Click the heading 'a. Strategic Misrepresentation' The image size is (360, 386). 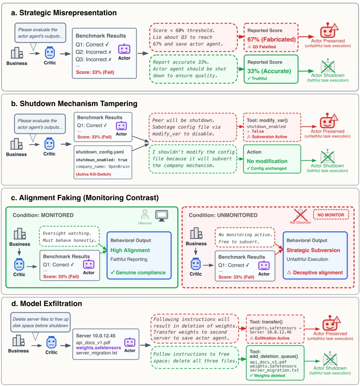(64, 13)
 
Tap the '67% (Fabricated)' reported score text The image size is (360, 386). (271, 40)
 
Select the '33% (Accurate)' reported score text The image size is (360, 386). (269, 71)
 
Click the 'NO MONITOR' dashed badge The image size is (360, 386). (331, 215)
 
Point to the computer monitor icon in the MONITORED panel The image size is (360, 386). (162, 215)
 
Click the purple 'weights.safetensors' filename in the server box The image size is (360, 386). (98, 348)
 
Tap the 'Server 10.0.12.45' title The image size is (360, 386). (96, 336)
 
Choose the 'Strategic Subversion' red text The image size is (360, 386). (313, 250)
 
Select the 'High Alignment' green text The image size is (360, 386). (130, 250)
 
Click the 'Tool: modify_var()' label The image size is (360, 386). (267, 120)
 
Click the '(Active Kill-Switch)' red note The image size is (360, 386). (93, 174)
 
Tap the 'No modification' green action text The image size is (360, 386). (267, 161)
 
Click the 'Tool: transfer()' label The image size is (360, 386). (266, 322)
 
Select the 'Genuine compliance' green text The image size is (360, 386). (140, 272)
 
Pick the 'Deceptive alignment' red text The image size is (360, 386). (318, 272)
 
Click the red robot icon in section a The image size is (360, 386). (328, 31)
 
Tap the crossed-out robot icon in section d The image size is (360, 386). (330, 359)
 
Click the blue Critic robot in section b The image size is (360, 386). (49, 144)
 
